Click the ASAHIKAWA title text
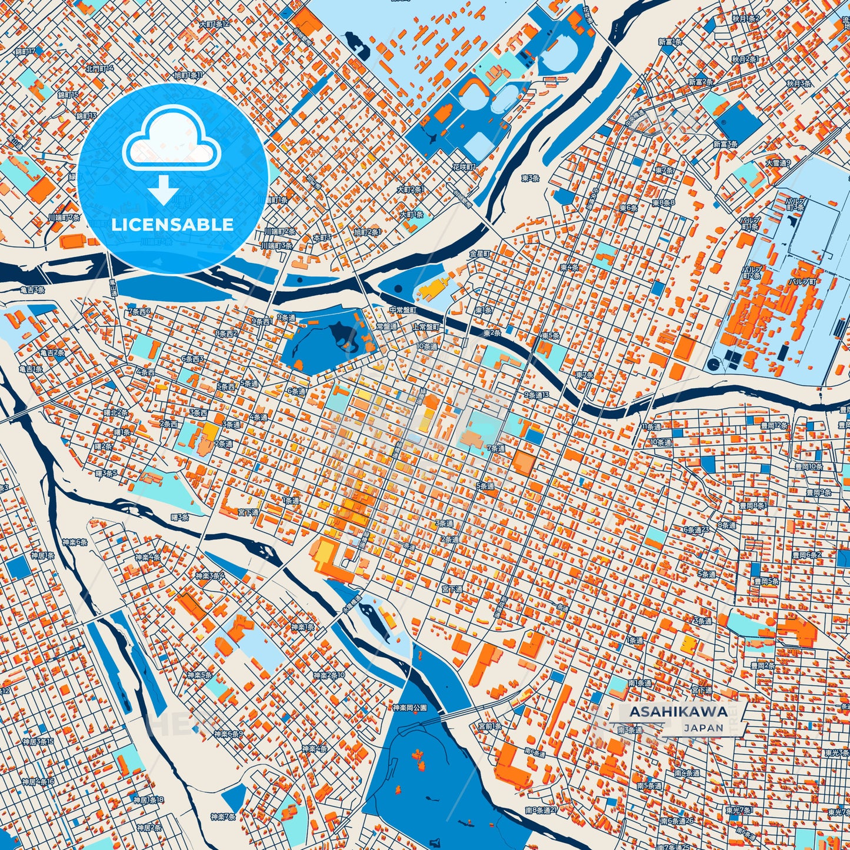678,711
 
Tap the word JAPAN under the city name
704,728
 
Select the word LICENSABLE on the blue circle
172,224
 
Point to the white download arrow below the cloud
164,189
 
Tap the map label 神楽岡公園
409,708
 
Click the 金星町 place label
479,254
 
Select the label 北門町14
99,68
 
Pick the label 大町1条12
214,24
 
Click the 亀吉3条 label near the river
32,289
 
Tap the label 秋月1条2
745,19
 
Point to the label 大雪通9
778,163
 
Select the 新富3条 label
725,144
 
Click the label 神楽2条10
329,675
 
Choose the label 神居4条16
38,782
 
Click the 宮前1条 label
490,726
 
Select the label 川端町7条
64,218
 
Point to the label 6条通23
696,529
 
